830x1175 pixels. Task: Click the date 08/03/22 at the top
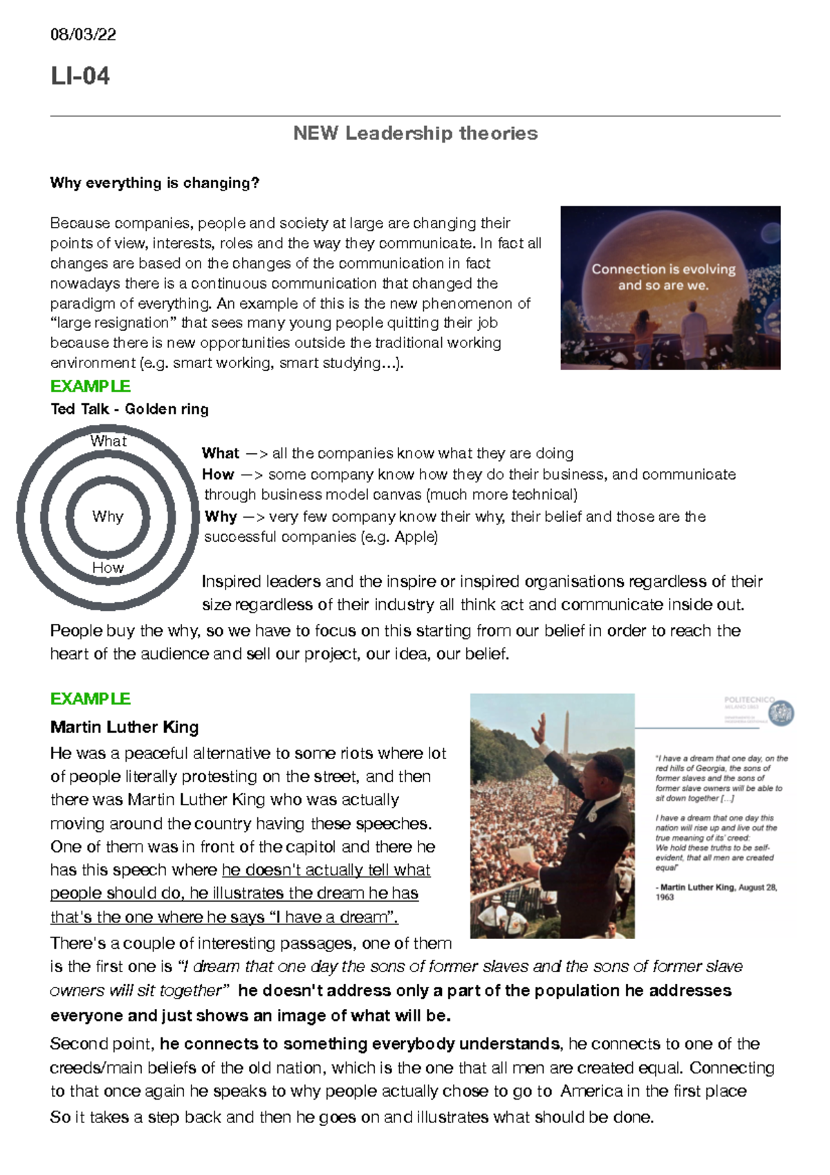(x=83, y=35)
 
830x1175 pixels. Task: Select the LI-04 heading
(x=80, y=75)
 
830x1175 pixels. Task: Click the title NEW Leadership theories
(x=415, y=133)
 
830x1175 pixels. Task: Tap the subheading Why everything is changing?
(x=154, y=183)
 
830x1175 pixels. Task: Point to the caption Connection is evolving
(x=663, y=269)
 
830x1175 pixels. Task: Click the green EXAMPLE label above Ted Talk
(x=91, y=386)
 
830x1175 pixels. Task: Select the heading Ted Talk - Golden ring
(x=129, y=409)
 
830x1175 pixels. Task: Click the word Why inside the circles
(x=107, y=516)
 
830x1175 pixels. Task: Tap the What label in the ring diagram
(x=108, y=441)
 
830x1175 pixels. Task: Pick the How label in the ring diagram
(x=108, y=567)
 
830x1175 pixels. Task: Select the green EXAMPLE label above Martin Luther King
(x=91, y=699)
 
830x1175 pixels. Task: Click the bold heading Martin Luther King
(x=124, y=727)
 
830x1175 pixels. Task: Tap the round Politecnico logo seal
(x=782, y=713)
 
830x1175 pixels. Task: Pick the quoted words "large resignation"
(x=111, y=323)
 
